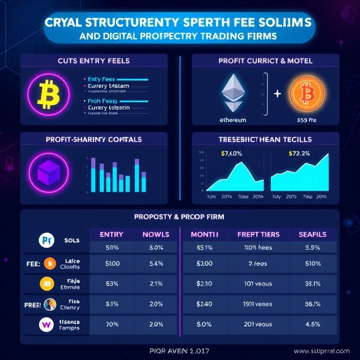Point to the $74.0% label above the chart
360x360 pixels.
tap(231, 153)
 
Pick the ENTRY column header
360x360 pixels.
tap(111, 234)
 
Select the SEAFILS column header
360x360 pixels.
tap(312, 234)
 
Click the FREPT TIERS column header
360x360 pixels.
tap(258, 234)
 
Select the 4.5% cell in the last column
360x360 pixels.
tap(312, 323)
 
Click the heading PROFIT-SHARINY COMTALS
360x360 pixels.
tap(94, 139)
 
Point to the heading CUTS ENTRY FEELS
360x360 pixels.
tap(94, 61)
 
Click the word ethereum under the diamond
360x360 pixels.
tap(232, 120)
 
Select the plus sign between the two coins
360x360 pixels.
tap(277, 94)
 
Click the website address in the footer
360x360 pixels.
tap(322, 351)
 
